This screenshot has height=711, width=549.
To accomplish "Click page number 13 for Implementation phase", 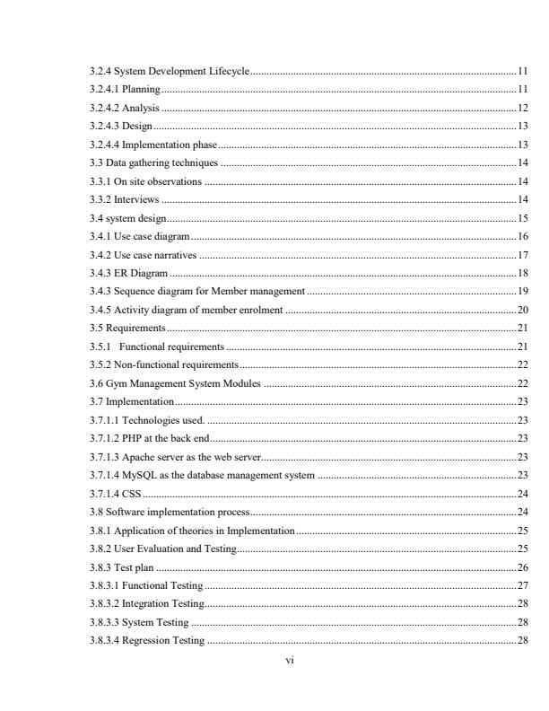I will (522, 144).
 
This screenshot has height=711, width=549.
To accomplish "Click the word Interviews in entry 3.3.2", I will (140, 198).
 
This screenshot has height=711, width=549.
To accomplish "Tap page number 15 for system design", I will (522, 217).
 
